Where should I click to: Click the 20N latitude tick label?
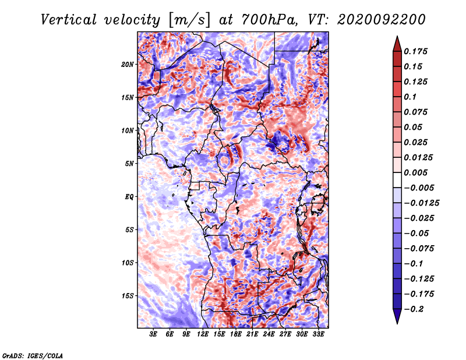coord(128,65)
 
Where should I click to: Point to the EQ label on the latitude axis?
coord(129,197)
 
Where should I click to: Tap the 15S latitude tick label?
coord(128,296)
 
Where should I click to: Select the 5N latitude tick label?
coord(129,164)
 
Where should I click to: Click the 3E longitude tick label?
coord(153,334)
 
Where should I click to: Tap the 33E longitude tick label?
coord(318,334)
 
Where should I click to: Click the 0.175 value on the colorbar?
coord(415,51)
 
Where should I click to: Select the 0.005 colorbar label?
coord(415,172)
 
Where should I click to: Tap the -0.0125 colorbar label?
coord(421,203)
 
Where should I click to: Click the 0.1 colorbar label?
coord(410,97)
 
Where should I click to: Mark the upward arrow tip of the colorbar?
coord(397,36)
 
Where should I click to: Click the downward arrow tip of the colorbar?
coord(397,323)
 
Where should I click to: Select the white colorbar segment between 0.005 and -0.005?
coord(397,180)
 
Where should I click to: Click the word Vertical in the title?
coord(69,20)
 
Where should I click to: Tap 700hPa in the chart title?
coord(269,20)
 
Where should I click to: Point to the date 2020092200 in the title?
coord(382,20)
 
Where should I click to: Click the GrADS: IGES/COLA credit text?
coord(33,355)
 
